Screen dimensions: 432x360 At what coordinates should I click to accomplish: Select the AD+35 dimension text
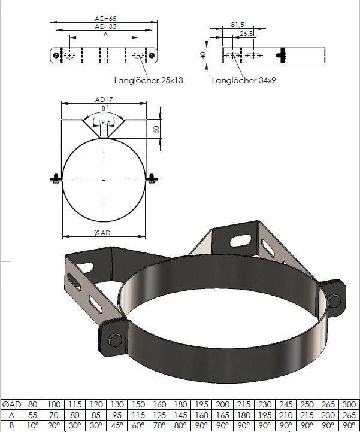click(x=105, y=27)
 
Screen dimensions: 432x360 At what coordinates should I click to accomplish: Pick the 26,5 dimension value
click(x=246, y=34)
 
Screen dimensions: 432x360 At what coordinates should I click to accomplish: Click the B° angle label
click(x=105, y=108)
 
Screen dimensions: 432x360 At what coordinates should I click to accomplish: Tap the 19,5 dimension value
click(x=106, y=122)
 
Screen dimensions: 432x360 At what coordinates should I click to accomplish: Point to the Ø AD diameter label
click(x=103, y=232)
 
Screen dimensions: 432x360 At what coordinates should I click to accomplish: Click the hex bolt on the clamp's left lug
click(x=114, y=342)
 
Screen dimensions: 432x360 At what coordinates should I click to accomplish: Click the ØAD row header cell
click(x=12, y=404)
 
